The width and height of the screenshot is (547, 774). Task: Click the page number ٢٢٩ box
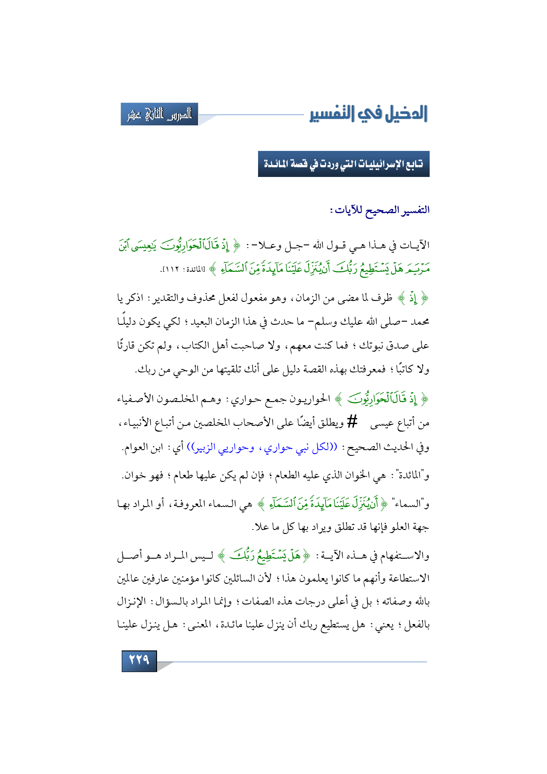coord(139,660)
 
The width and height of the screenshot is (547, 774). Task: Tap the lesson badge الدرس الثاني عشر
coord(159,114)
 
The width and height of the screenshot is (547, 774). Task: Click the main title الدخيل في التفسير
coord(368,114)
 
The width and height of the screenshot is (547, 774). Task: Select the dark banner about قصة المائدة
coord(343,164)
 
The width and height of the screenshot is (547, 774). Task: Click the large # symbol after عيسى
coord(352,422)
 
